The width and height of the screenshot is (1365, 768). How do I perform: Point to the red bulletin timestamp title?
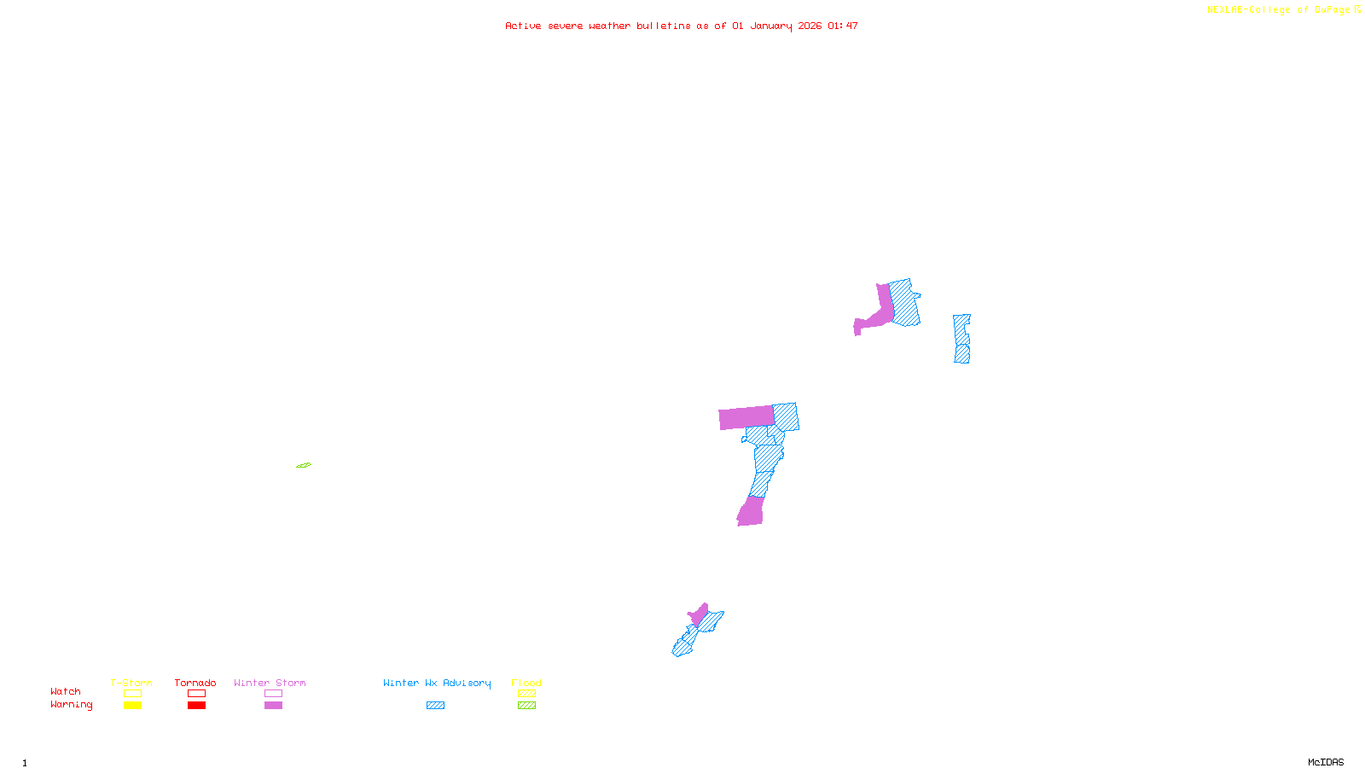[681, 26]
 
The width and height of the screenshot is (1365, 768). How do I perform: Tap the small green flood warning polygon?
[304, 465]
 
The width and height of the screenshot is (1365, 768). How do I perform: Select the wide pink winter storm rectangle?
[746, 417]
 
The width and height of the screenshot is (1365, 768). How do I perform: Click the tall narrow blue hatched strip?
[961, 339]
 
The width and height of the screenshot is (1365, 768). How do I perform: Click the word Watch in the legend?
[66, 691]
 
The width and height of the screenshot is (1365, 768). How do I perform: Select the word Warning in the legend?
[71, 705]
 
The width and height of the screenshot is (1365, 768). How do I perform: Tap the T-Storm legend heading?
[131, 683]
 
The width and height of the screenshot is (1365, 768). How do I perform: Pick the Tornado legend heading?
[195, 683]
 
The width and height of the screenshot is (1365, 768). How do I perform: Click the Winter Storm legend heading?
[270, 683]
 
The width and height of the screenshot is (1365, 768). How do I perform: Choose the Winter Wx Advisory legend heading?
[437, 683]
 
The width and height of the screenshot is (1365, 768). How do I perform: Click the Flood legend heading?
[526, 683]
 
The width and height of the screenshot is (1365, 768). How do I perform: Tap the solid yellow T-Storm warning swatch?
[132, 706]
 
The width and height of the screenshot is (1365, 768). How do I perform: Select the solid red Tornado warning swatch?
[196, 706]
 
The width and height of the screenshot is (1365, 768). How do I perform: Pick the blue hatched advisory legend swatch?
[435, 706]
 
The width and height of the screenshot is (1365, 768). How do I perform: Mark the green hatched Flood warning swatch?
[526, 706]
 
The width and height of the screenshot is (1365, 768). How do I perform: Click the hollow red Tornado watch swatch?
[196, 694]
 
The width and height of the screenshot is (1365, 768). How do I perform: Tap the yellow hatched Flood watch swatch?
[526, 694]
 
